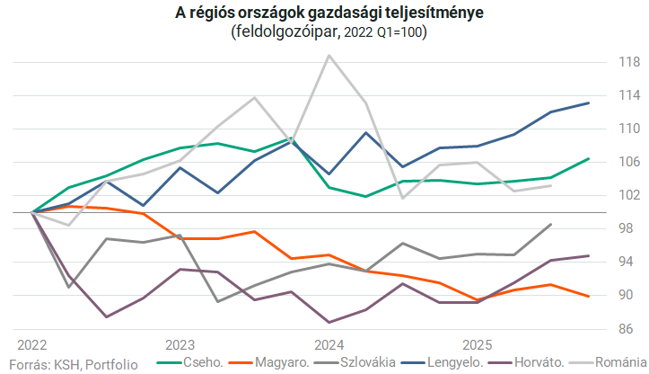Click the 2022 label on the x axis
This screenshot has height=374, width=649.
(x=32, y=344)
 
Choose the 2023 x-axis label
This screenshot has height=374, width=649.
(x=180, y=344)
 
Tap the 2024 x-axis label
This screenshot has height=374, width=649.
(x=329, y=344)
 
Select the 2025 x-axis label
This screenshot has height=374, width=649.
(x=478, y=344)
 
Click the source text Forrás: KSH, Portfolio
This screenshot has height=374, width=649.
(x=73, y=364)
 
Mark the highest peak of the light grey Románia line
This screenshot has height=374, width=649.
(x=329, y=56)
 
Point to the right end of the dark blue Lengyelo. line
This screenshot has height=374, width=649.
(x=589, y=102)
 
